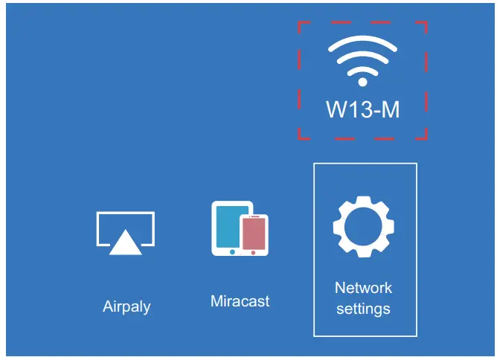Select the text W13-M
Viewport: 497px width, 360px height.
click(x=363, y=109)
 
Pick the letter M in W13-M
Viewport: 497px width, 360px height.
click(x=390, y=109)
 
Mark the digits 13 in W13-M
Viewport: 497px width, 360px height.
click(x=359, y=109)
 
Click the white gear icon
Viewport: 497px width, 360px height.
click(x=363, y=228)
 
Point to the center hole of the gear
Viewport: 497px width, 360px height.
click(x=363, y=228)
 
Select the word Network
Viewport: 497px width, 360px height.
click(x=363, y=288)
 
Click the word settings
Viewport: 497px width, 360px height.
click(x=363, y=307)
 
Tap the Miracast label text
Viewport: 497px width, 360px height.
click(x=240, y=301)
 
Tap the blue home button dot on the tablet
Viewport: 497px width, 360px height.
click(x=232, y=252)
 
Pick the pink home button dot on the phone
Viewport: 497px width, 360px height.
click(x=254, y=253)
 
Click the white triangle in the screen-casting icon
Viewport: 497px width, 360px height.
click(x=125, y=242)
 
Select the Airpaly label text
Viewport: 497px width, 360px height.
click(x=126, y=306)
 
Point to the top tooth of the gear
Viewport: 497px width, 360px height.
click(x=363, y=201)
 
